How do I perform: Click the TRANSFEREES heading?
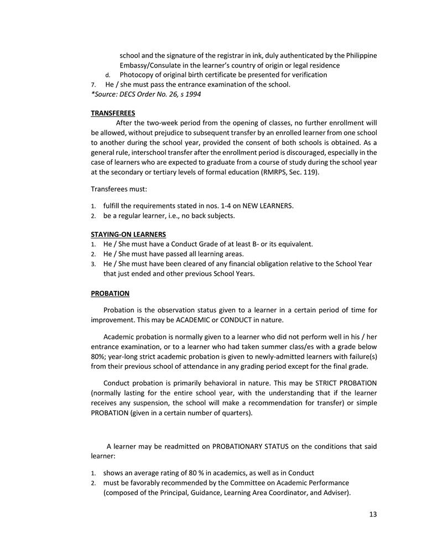[x=113, y=113]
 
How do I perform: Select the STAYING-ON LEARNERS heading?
[x=128, y=234]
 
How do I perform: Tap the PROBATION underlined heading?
[x=110, y=293]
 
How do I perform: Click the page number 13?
[x=373, y=514]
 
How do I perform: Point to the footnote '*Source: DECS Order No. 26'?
[x=146, y=94]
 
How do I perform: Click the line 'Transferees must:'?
[x=119, y=190]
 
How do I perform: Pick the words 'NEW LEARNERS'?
[x=271, y=206]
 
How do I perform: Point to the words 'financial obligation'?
[x=259, y=264]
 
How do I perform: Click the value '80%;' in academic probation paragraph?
[x=100, y=357]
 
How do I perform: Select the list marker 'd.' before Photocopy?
[x=108, y=75]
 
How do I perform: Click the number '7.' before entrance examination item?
[x=93, y=85]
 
